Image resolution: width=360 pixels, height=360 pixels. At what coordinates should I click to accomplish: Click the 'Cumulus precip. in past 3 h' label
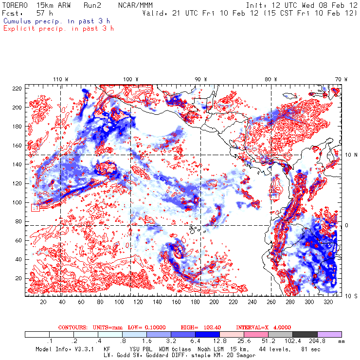[x=56, y=21]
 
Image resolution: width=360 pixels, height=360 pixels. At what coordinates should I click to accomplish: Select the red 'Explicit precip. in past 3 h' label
[x=58, y=28]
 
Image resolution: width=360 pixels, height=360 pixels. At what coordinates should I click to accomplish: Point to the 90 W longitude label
[x=201, y=79]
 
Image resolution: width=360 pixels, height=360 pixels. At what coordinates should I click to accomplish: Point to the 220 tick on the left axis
[x=17, y=88]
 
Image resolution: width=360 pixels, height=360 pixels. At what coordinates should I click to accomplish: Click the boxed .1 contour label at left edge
[x=35, y=208]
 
